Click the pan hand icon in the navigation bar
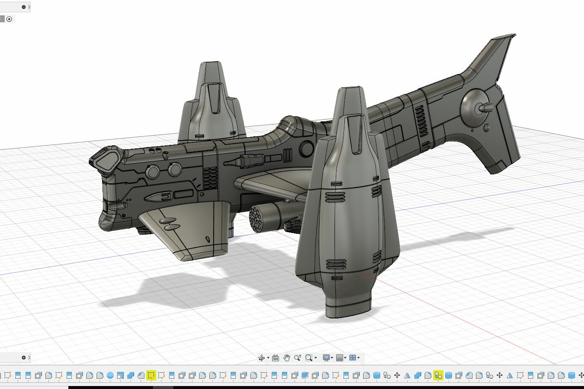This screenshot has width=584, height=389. point(287,358)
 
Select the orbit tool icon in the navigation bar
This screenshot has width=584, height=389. point(261,358)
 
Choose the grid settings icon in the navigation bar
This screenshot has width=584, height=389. point(340,358)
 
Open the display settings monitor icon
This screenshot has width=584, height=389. point(326,358)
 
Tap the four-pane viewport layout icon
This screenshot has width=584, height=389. point(353,358)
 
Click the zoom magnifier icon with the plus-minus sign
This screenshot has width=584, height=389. point(297,358)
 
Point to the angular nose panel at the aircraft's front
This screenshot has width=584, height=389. point(106,158)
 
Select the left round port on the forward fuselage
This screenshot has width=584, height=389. point(153,172)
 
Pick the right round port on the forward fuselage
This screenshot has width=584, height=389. point(174,169)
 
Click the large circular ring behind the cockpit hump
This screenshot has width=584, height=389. point(307,149)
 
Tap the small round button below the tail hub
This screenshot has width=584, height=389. point(487,128)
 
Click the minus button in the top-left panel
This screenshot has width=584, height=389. point(23,7)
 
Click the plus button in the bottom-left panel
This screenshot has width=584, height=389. point(23,357)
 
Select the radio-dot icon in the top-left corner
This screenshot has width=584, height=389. point(9,19)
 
